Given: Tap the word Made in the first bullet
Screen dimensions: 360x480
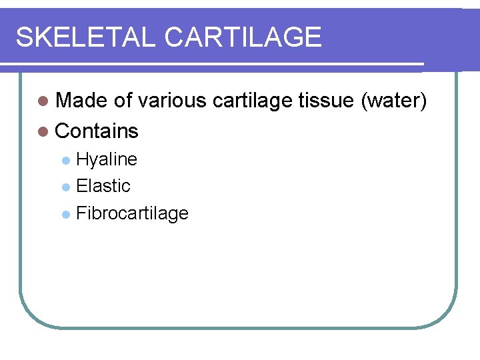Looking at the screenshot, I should pyautogui.click(x=82, y=101).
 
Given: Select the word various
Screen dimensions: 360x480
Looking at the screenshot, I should pyautogui.click(x=173, y=101).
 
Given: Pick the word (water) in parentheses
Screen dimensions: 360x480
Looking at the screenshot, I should pyautogui.click(x=393, y=101).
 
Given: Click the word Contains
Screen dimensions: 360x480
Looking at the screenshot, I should pyautogui.click(x=97, y=131).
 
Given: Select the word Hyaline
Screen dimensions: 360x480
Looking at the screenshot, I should pyautogui.click(x=107, y=160).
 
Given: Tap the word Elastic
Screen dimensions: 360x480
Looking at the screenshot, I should pyautogui.click(x=103, y=186).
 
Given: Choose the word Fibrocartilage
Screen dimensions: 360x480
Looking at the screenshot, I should pyautogui.click(x=132, y=213).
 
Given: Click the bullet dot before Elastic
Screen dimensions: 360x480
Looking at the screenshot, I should pyautogui.click(x=65, y=187).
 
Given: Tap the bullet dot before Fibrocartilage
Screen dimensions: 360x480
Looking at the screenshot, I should pyautogui.click(x=65, y=214).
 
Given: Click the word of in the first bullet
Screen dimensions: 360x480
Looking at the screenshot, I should pyautogui.click(x=123, y=101).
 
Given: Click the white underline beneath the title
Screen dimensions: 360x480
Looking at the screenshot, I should pyautogui.click(x=213, y=65).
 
